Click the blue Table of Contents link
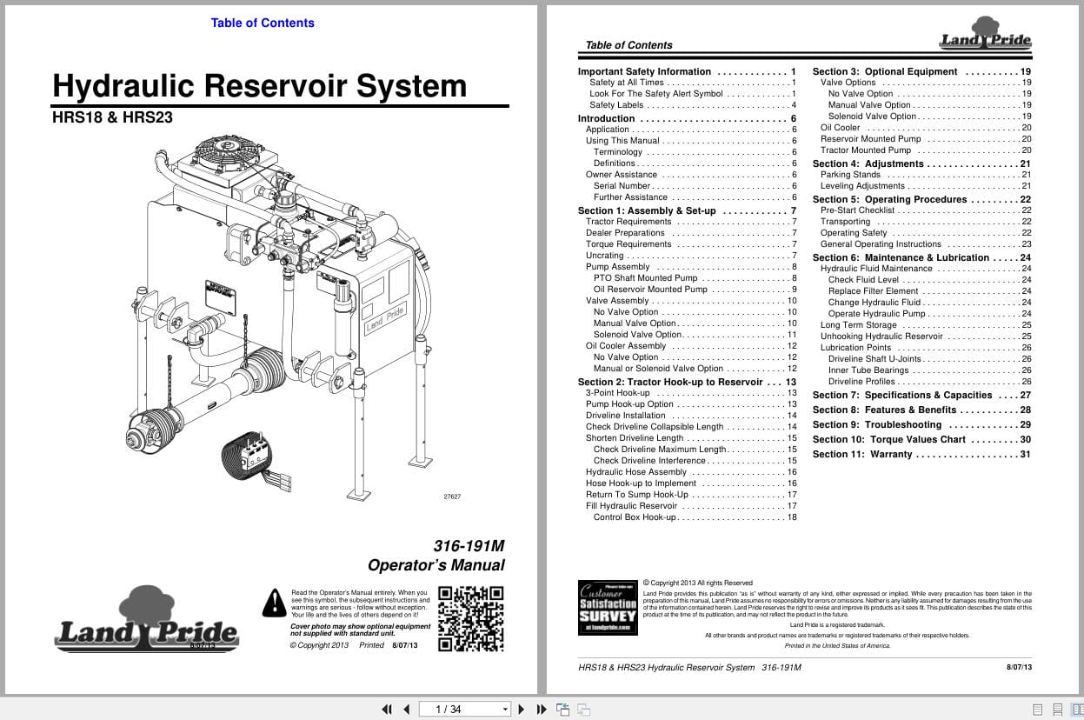(x=263, y=23)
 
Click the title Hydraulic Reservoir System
(x=259, y=86)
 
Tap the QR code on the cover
(x=470, y=618)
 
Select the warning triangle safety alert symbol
(x=275, y=602)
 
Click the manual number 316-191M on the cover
(x=469, y=546)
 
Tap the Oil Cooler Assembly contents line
(x=626, y=346)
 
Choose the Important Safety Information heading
(x=644, y=72)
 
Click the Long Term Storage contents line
(x=859, y=325)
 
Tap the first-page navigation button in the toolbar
(x=387, y=709)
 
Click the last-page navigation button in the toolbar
(x=542, y=709)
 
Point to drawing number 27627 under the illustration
(x=452, y=497)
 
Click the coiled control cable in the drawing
(x=245, y=455)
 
